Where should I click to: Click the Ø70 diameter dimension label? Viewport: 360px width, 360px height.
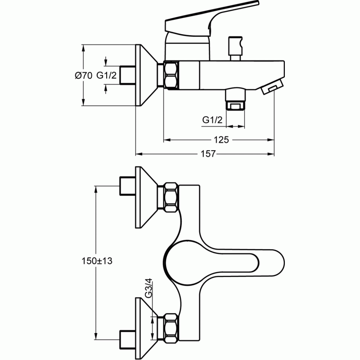(x=83, y=76)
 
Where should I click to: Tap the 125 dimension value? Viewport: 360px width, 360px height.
(x=221, y=140)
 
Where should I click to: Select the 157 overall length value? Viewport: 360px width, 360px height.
(x=208, y=154)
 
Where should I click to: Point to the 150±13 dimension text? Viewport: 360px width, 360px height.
(x=97, y=261)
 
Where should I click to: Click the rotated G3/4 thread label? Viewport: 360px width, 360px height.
(x=148, y=288)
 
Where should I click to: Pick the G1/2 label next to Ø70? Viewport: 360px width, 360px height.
(x=106, y=75)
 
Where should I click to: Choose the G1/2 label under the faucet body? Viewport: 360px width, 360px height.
(x=212, y=120)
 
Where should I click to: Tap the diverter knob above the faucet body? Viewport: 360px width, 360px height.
(x=235, y=49)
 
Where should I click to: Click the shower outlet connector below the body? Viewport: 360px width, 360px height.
(x=235, y=99)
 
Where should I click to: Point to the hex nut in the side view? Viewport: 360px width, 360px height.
(x=171, y=75)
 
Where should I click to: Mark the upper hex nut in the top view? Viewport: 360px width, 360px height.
(x=171, y=197)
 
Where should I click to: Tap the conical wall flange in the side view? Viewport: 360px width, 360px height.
(x=147, y=75)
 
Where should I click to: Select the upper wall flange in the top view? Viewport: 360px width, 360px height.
(x=147, y=197)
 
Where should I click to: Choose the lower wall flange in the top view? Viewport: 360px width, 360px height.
(x=147, y=328)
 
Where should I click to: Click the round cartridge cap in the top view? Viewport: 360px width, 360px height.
(x=181, y=262)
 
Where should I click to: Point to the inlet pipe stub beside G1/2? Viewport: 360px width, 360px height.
(x=128, y=75)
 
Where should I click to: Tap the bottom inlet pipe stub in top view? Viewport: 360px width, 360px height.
(x=128, y=340)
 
